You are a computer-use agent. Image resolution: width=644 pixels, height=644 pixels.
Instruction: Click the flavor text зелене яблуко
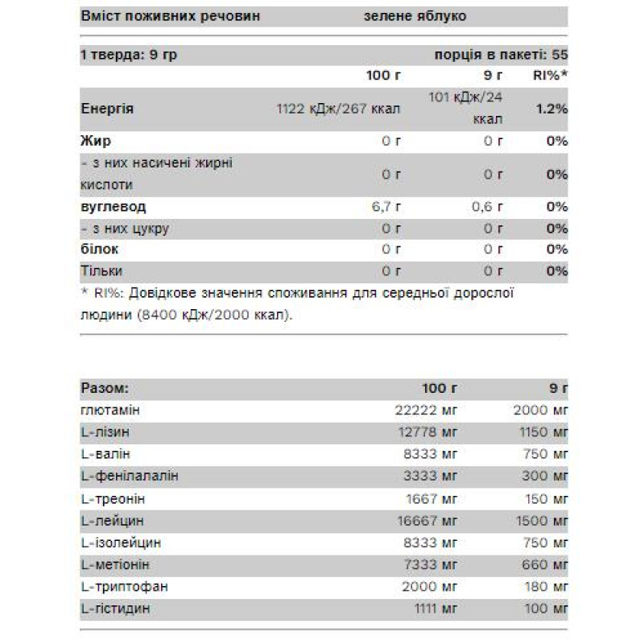pos(415,16)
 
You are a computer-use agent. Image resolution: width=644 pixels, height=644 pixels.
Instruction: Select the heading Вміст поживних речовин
pos(171,16)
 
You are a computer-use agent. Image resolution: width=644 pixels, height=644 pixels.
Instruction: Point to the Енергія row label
pos(107,109)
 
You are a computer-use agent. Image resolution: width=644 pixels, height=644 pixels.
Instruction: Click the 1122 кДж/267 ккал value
pos(338,109)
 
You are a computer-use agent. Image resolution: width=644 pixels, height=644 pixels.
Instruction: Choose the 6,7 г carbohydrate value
pos(386,207)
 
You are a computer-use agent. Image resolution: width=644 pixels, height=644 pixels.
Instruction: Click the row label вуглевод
pos(114,207)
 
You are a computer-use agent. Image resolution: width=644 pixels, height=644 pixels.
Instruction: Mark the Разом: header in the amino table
pos(105,388)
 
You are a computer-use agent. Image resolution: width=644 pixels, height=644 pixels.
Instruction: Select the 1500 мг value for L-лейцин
pos(540,521)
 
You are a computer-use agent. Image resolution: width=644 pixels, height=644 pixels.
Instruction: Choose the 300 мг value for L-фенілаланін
pos(543,477)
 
